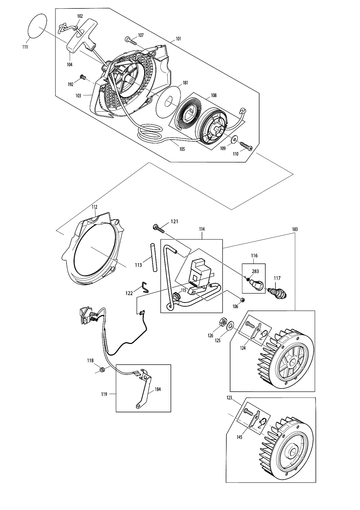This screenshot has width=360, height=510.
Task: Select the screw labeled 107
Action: point(131,41)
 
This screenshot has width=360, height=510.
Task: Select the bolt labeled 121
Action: point(159,228)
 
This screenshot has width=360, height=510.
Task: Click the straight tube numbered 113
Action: point(153,258)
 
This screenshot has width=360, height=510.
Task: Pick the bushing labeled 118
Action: point(102,370)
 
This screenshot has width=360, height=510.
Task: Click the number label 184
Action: point(157,389)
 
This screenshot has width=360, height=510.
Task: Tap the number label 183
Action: point(295,229)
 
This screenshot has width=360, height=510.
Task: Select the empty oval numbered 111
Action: point(37,25)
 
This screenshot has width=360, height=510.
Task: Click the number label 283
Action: point(255,271)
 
